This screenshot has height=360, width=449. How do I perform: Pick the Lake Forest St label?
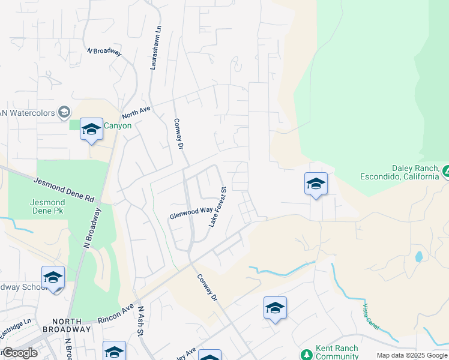pos(217,207)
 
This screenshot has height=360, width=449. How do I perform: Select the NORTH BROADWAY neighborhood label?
pos(66,325)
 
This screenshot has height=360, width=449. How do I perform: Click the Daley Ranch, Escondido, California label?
pos(400,173)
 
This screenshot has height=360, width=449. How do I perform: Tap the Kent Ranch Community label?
pos(337,352)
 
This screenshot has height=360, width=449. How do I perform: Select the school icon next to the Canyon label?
pos(91,129)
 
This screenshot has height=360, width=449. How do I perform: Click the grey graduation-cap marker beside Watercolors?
pos(64,112)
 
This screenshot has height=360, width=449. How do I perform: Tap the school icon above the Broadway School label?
pos(53,278)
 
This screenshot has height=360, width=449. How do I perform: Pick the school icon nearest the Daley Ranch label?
pos(316,184)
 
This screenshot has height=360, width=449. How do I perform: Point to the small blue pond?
pos(418,257)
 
